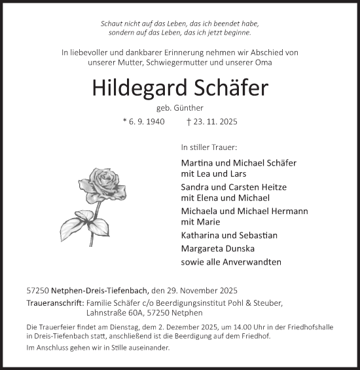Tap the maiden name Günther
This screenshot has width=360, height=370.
point(189,108)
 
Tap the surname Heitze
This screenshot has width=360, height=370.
point(273,187)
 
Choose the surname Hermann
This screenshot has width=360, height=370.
point(287,211)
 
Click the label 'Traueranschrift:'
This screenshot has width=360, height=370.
point(51,303)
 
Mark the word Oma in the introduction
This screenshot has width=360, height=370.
point(263,62)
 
